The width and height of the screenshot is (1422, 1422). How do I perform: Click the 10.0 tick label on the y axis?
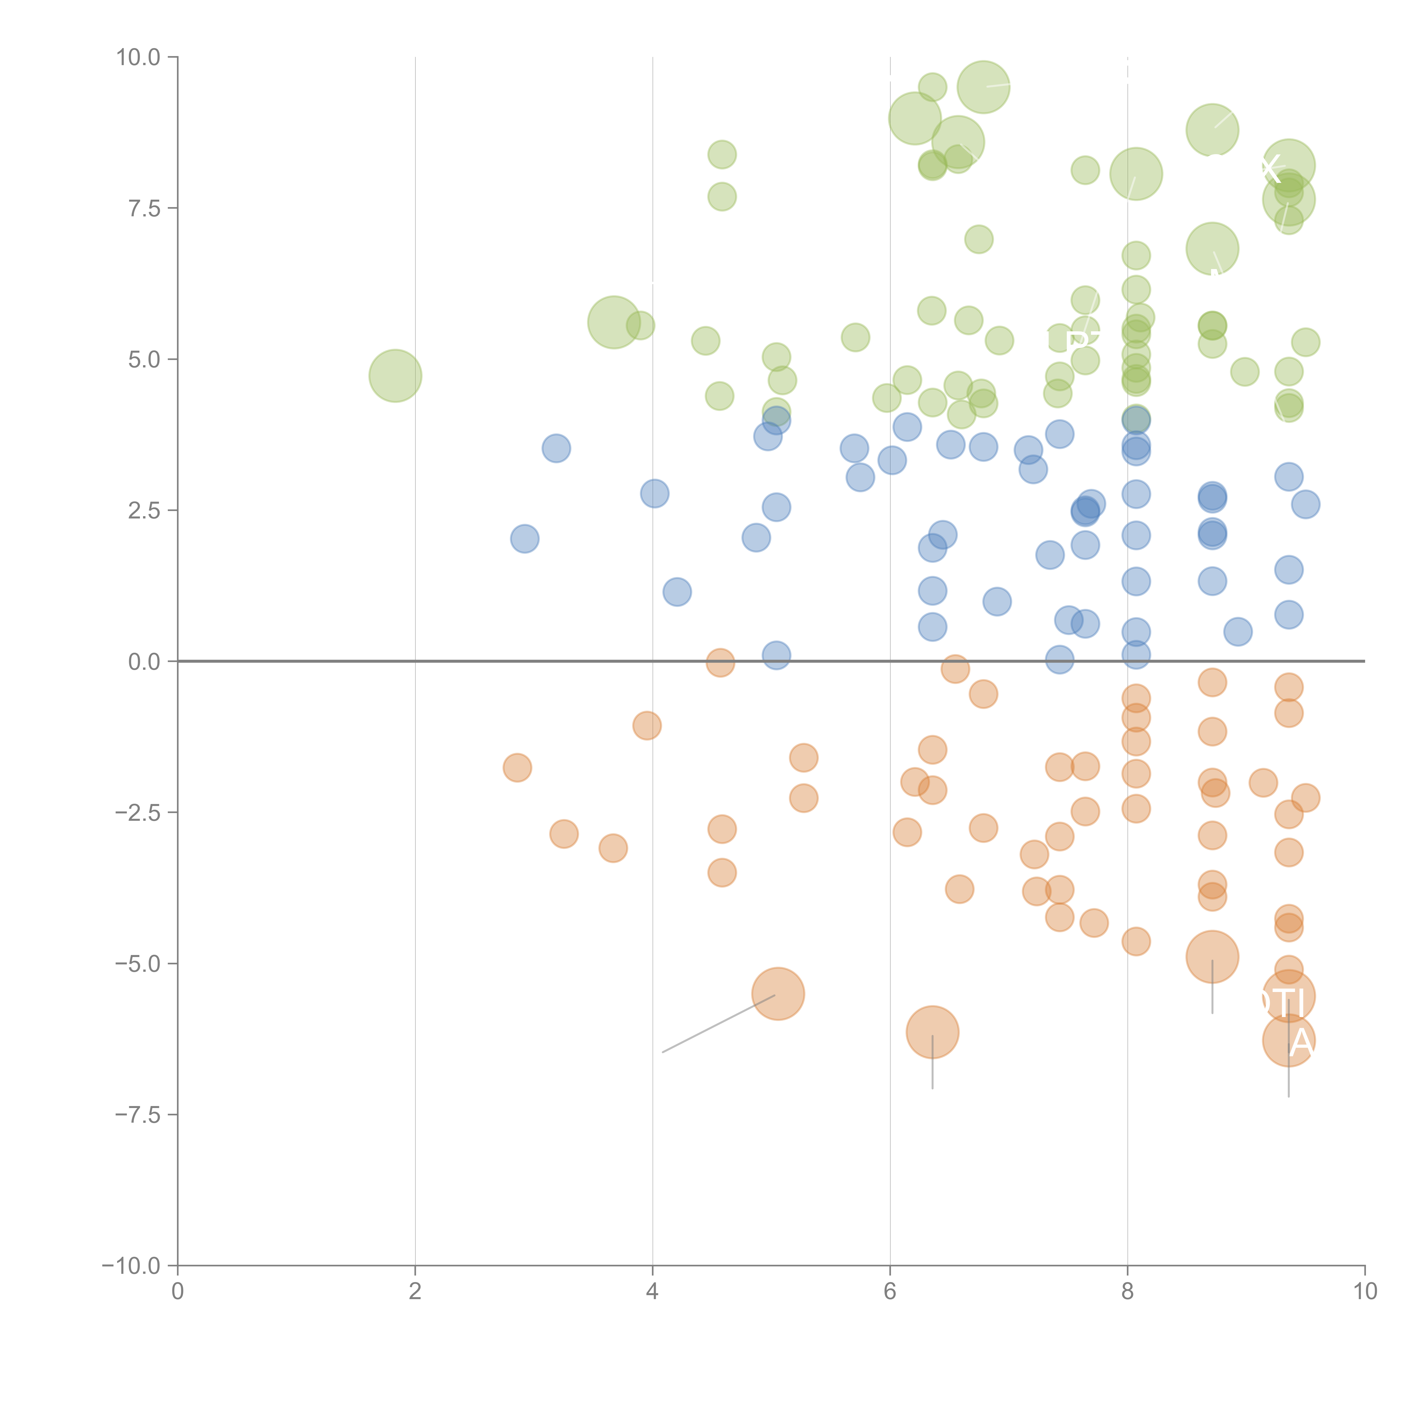(139, 57)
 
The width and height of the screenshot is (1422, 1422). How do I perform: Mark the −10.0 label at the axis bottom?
(133, 1266)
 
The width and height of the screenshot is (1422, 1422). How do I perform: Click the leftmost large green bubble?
(395, 376)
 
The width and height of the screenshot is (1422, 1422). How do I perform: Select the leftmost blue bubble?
(524, 539)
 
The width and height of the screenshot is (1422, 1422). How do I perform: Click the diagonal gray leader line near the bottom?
(718, 1024)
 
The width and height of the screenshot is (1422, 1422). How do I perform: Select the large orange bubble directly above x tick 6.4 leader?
(933, 1032)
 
